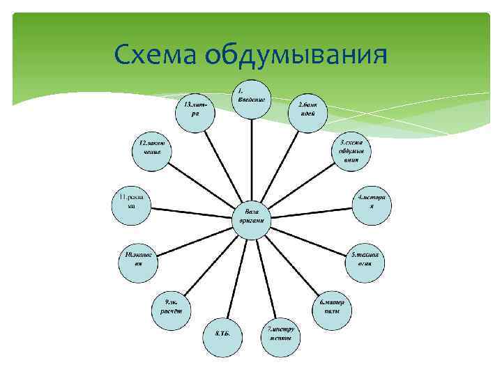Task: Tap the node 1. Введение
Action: pyautogui.click(x=250, y=98)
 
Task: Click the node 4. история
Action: pyautogui.click(x=372, y=203)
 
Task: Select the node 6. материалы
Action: pyautogui.click(x=331, y=307)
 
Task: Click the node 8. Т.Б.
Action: pyautogui.click(x=222, y=335)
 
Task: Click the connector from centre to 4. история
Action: pyautogui.click(x=310, y=209)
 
